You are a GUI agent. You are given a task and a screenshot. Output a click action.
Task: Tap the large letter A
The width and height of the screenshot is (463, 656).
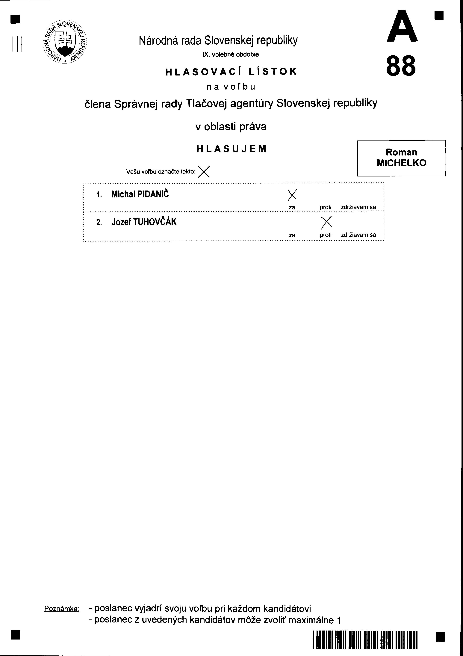coord(402,27)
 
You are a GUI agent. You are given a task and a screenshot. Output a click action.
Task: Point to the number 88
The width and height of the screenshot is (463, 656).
coord(401,66)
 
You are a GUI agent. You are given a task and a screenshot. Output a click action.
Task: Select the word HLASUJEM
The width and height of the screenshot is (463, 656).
coord(231,149)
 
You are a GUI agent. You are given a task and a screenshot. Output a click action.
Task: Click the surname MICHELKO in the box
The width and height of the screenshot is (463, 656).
coord(401,163)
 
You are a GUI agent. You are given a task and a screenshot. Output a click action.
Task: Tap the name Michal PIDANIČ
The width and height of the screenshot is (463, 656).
coord(140,194)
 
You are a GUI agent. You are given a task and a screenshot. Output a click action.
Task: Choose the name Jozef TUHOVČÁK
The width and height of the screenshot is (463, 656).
coord(144,222)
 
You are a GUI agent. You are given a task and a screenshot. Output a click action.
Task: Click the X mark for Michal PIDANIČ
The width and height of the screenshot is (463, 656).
coord(292,195)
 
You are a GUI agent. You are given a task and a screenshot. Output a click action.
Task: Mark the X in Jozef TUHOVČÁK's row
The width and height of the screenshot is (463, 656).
coord(326,223)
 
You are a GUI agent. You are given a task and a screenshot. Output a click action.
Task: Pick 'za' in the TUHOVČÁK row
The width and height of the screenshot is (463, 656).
coord(292,235)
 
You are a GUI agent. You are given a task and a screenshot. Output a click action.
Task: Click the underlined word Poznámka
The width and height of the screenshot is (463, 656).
coord(62,609)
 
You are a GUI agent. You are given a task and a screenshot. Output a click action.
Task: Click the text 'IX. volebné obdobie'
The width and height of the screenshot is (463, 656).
coord(231,54)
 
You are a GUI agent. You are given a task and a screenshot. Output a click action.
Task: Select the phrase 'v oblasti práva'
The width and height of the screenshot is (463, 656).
coord(231,127)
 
